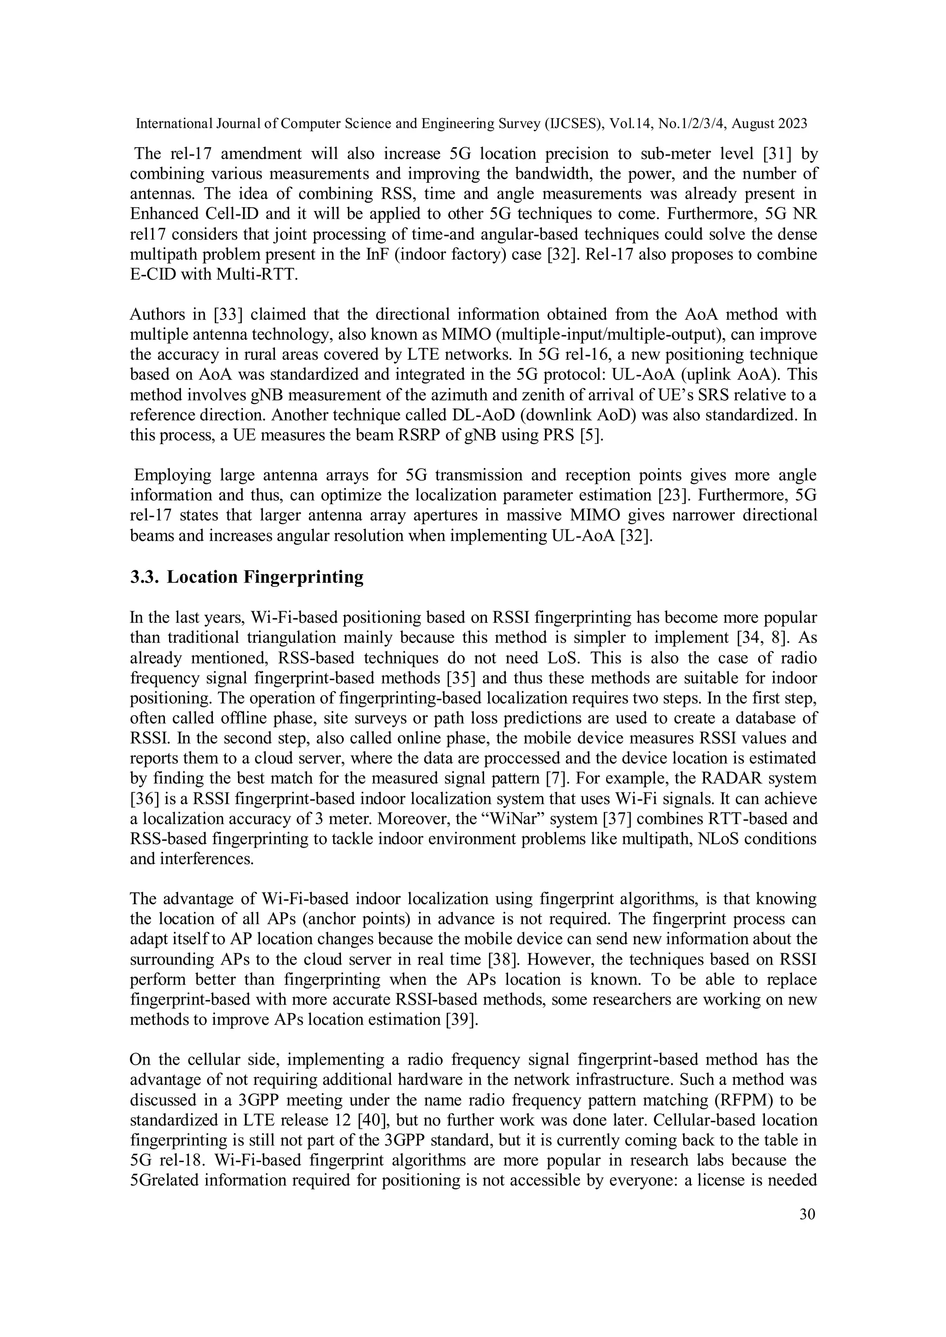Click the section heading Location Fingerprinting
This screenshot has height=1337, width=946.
(265, 577)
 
